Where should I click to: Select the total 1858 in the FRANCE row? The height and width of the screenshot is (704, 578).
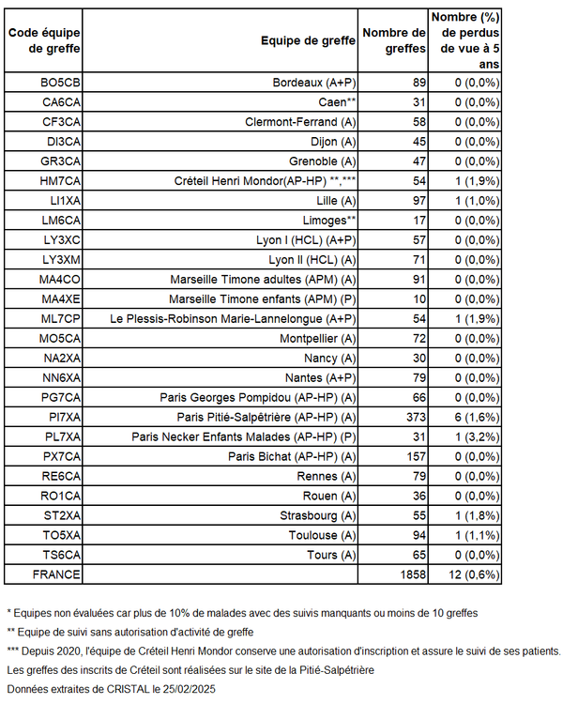[x=410, y=574]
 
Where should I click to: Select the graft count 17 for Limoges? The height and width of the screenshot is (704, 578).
[x=418, y=220]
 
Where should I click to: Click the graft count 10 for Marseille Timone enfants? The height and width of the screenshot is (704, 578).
[x=418, y=298]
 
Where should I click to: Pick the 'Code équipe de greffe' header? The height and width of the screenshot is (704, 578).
[x=43, y=40]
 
